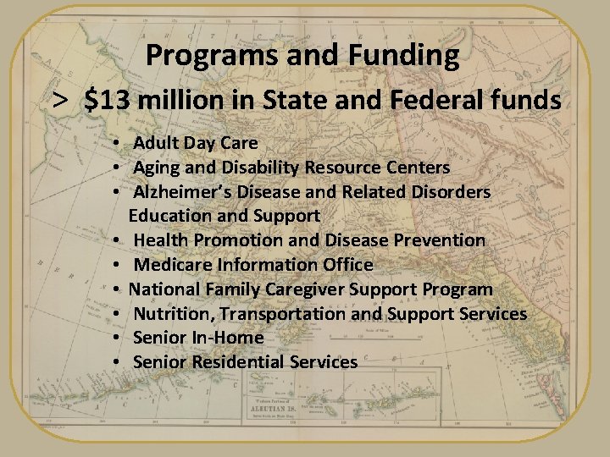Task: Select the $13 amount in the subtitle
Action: [108, 101]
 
